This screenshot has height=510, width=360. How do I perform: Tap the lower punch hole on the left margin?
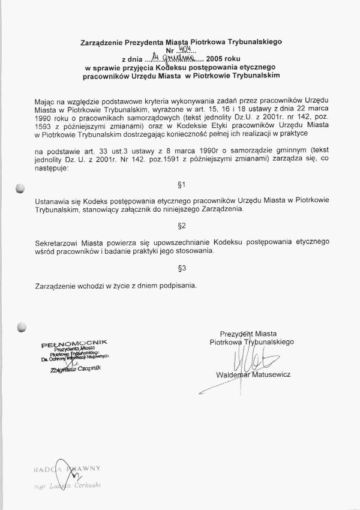22,328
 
